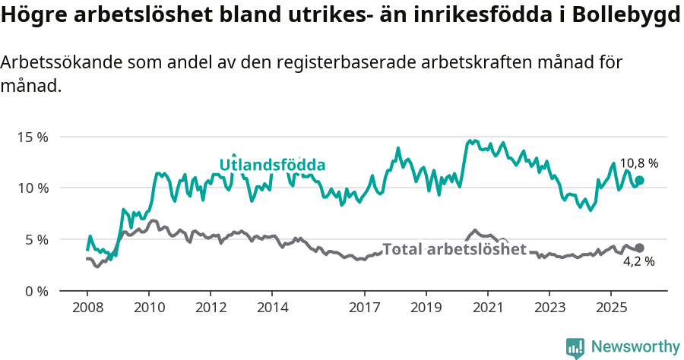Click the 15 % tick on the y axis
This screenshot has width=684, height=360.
(x=32, y=137)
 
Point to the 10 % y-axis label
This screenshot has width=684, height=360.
(x=32, y=188)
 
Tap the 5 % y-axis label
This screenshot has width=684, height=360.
(x=36, y=239)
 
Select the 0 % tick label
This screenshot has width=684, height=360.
(x=36, y=291)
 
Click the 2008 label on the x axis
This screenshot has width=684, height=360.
(x=87, y=308)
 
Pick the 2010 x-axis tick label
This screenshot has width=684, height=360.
(x=148, y=308)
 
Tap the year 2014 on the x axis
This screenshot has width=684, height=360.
(x=272, y=308)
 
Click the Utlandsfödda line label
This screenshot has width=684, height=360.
(x=272, y=165)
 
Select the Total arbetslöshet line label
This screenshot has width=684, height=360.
(x=454, y=249)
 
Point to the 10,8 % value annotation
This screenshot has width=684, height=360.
(x=638, y=163)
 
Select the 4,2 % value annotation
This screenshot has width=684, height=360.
(x=638, y=261)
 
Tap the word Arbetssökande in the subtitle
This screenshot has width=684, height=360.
(x=53, y=63)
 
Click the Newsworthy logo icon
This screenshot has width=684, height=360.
(x=575, y=347)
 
